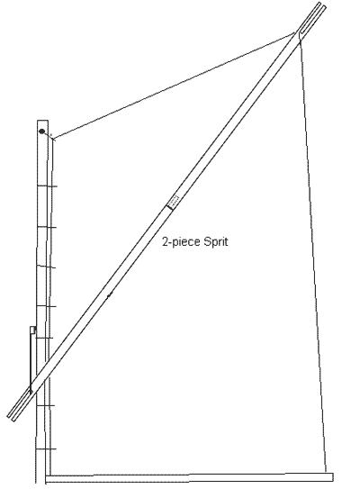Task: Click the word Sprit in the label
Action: pyautogui.click(x=215, y=242)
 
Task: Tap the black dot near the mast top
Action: pyautogui.click(x=41, y=131)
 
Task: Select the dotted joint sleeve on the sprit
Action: pyautogui.click(x=174, y=200)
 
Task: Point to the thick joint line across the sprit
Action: pyautogui.click(x=169, y=206)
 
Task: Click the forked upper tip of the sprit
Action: pyautogui.click(x=322, y=5)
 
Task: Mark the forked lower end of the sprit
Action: pyautogui.click(x=11, y=418)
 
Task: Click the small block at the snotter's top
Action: pyautogui.click(x=32, y=330)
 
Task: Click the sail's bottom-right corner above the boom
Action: pyautogui.click(x=326, y=473)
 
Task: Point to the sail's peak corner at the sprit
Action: pyautogui.click(x=296, y=32)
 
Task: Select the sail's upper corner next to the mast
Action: pyautogui.click(x=53, y=138)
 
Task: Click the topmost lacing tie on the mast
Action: pyautogui.click(x=47, y=186)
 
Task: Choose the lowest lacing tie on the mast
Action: pyautogui.click(x=46, y=449)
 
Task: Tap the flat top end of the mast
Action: pyautogui.click(x=42, y=121)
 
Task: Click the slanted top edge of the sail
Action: pyautogui.click(x=175, y=86)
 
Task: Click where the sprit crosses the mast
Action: pyautogui.click(x=42, y=379)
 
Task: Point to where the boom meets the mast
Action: pyautogui.click(x=48, y=477)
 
